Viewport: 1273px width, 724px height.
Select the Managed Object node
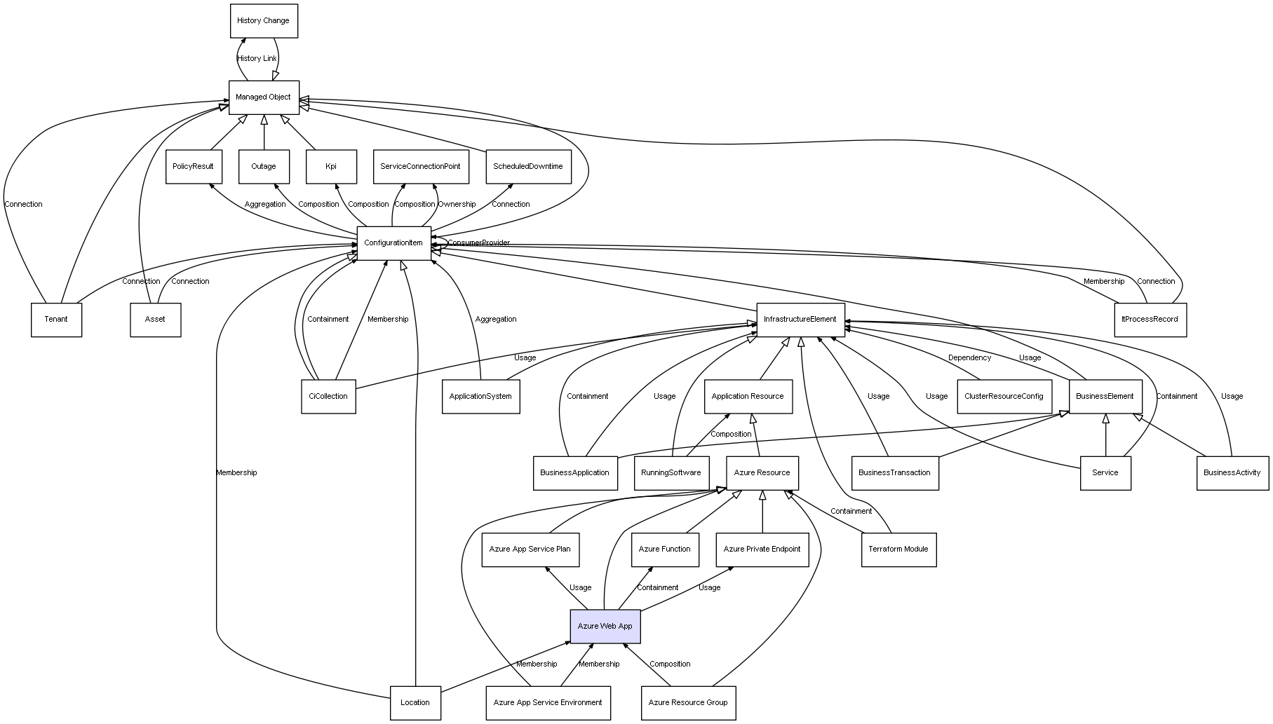tap(264, 97)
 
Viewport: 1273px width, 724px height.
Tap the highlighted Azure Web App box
tap(605, 627)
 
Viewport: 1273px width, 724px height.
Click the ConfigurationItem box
tap(393, 243)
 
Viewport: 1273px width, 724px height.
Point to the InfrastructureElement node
tap(800, 320)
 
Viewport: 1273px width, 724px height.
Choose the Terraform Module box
tap(898, 549)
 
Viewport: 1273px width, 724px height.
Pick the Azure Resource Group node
tap(688, 703)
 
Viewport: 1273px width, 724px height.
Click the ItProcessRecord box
tap(1150, 320)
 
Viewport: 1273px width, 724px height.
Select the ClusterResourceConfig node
tap(1004, 397)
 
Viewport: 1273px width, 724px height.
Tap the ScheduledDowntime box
tap(528, 167)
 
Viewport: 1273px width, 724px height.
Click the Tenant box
tap(56, 320)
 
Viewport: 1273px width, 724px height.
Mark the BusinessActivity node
tap(1232, 473)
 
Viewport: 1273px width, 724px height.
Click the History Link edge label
tap(257, 59)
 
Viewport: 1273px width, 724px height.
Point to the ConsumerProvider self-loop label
tap(479, 243)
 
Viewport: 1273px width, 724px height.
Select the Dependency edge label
tap(970, 358)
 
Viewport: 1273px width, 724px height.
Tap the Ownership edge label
tap(457, 205)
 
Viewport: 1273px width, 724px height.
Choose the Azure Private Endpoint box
tap(762, 549)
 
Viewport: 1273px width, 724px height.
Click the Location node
tap(415, 703)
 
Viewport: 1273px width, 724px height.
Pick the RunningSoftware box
tap(671, 473)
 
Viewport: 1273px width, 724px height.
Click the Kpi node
tap(331, 167)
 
